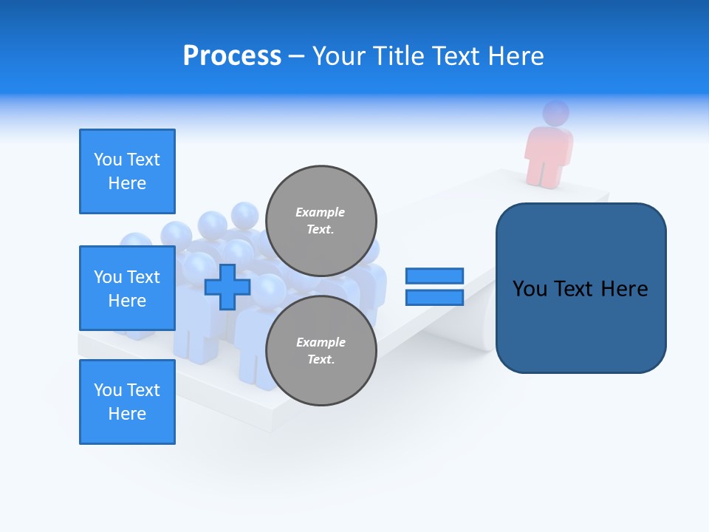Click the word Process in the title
[232, 56]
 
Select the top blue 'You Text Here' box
[127, 171]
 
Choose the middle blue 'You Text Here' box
[127, 288]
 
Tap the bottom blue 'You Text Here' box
[127, 402]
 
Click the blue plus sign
[227, 287]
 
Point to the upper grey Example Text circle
[321, 220]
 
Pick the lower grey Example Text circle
[321, 350]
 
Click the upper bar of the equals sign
[435, 276]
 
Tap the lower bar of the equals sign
[435, 298]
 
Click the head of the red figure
[556, 113]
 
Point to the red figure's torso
[549, 151]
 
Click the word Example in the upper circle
[321, 212]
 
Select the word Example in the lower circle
[321, 342]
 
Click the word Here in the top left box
[127, 183]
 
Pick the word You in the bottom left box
[108, 390]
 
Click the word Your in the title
[337, 56]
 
